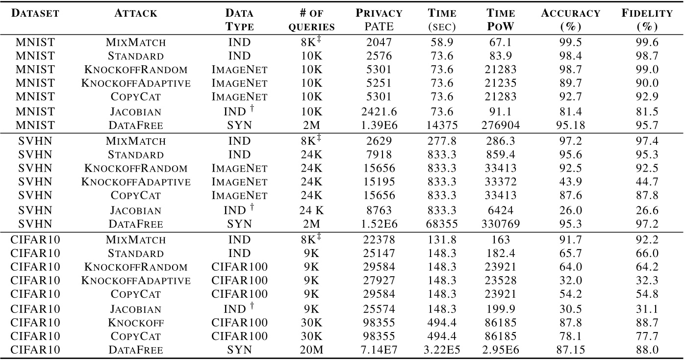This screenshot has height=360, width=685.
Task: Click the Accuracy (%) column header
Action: pos(570,20)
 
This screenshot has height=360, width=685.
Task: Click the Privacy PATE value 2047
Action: pos(379,43)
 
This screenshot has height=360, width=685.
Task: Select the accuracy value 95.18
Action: pos(570,125)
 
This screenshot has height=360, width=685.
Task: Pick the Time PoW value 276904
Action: pos(501,125)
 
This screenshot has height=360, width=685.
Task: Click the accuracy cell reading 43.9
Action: pos(570,182)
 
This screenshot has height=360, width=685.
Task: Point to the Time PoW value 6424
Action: pos(501,210)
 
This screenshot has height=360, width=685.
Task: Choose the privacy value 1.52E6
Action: pos(379,224)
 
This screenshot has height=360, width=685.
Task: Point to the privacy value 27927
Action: pos(379,281)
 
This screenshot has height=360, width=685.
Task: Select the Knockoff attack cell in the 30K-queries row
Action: pos(136,323)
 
